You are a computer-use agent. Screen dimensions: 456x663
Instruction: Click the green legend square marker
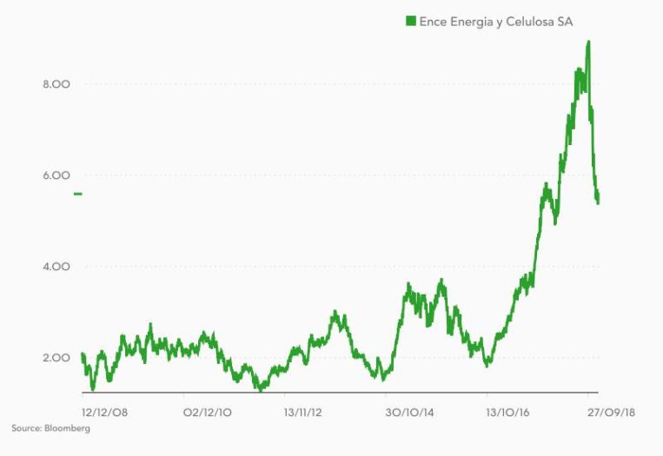[x=411, y=20]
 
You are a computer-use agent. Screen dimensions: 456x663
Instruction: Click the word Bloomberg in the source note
[x=66, y=428]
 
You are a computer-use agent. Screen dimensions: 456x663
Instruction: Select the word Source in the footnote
[x=25, y=428]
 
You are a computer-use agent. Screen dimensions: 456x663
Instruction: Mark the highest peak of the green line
[x=589, y=42]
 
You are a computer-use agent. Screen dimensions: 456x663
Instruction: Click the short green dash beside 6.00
[x=78, y=194]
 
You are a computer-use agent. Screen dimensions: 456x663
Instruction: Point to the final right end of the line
[x=598, y=199]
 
